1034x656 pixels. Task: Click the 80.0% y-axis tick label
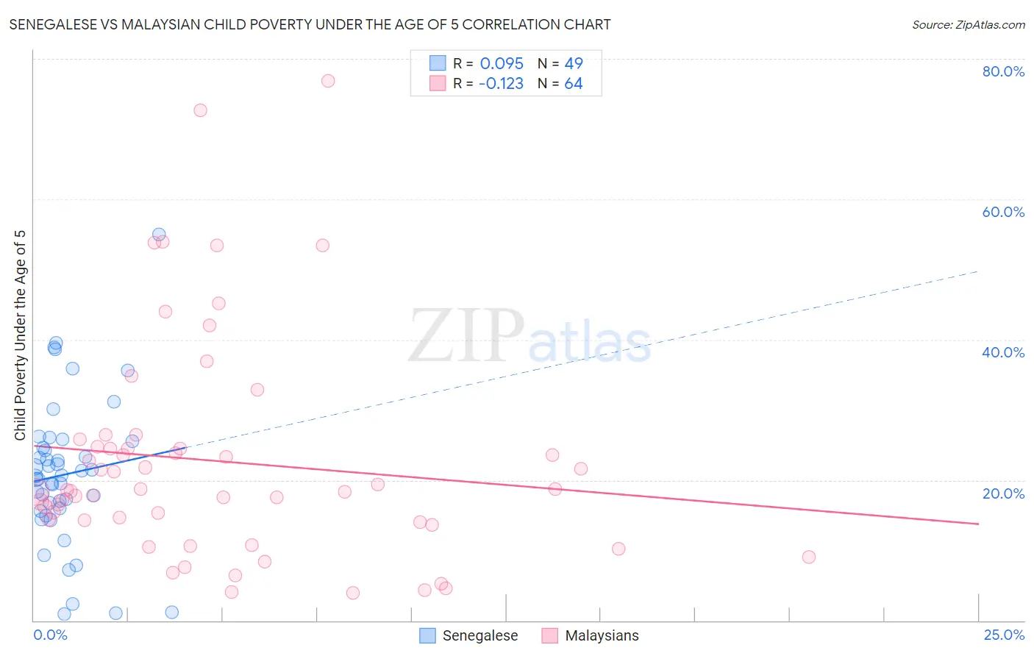[x=1003, y=71]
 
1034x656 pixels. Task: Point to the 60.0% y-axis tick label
[x=1003, y=212]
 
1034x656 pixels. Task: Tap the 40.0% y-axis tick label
[x=1003, y=352]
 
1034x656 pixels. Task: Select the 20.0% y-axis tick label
[x=1003, y=493]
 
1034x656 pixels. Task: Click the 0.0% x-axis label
[x=50, y=635]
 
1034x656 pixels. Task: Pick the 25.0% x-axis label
[x=1003, y=635]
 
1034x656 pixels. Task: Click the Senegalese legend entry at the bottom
[x=468, y=635]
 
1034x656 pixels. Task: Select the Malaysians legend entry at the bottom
[x=591, y=635]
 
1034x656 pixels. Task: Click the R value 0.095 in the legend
[x=502, y=64]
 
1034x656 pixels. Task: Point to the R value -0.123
[x=501, y=84]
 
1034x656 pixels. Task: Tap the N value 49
[x=574, y=64]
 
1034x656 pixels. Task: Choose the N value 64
[x=574, y=84]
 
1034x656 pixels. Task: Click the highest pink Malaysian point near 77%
[x=328, y=81]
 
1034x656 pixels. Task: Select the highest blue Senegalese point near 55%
[x=159, y=235]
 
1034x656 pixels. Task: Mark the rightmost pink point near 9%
[x=809, y=557]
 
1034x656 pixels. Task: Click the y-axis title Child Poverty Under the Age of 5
[x=21, y=335]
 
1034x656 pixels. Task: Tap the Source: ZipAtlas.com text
[x=968, y=25]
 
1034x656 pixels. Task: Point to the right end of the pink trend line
[x=978, y=524]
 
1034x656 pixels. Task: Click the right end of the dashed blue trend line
[x=978, y=271]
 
